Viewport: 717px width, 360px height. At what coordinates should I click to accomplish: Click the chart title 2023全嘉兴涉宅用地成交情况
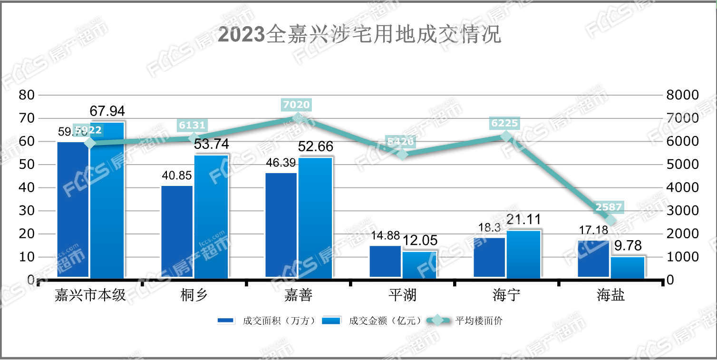pyautogui.click(x=359, y=35)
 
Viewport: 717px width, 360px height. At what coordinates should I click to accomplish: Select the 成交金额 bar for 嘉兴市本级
pyautogui.click(x=107, y=200)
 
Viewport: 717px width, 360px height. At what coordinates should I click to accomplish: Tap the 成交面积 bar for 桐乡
pyautogui.click(x=177, y=231)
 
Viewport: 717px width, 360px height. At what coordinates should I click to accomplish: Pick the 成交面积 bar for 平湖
pyautogui.click(x=385, y=261)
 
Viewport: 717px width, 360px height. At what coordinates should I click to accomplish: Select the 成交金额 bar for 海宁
pyautogui.click(x=523, y=254)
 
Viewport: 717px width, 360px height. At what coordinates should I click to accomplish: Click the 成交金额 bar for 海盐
pyautogui.click(x=628, y=267)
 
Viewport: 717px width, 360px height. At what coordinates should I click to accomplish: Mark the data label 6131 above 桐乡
pyautogui.click(x=193, y=125)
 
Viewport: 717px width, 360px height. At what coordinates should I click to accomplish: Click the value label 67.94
pyautogui.click(x=107, y=111)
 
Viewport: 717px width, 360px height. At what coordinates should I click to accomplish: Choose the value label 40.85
pyautogui.click(x=176, y=176)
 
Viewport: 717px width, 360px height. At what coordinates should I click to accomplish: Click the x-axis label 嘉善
pyautogui.click(x=298, y=295)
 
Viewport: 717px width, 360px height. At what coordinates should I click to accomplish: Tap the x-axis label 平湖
pyautogui.click(x=402, y=295)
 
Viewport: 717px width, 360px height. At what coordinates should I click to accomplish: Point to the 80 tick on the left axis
pyautogui.click(x=26, y=95)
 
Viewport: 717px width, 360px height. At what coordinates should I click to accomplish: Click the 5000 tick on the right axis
pyautogui.click(x=682, y=165)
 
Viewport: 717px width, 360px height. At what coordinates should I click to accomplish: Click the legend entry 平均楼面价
pyautogui.click(x=478, y=321)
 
